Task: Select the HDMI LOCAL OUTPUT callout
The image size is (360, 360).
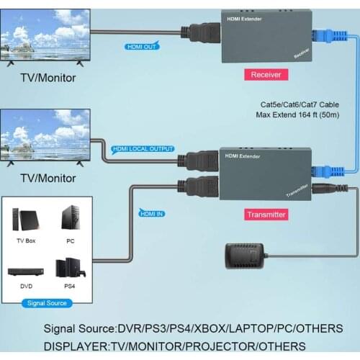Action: [143, 149]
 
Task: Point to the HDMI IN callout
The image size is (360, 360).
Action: [152, 212]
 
